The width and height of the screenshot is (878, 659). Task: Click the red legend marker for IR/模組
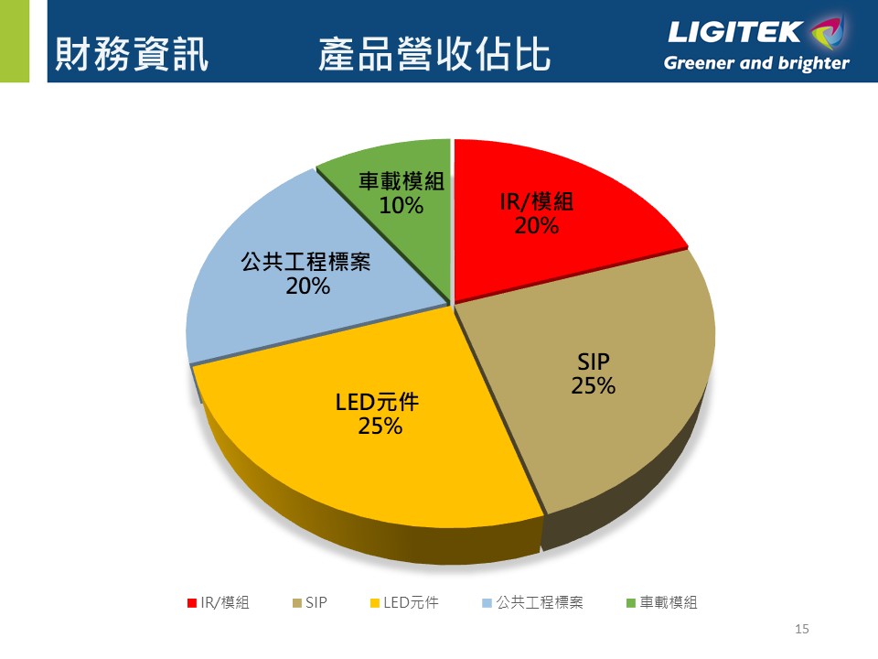192,602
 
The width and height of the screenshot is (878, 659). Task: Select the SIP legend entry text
316,602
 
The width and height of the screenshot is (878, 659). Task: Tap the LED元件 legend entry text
411,602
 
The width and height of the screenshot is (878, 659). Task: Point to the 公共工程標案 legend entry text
540,602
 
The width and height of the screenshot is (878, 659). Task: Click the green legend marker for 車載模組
631,602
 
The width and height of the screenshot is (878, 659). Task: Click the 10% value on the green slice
402,206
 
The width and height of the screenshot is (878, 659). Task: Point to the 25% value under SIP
594,386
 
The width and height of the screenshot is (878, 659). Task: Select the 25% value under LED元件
380,426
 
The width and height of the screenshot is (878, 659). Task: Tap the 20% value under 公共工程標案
307,286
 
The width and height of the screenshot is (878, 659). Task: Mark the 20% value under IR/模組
537,225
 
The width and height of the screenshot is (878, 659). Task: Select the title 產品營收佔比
434,55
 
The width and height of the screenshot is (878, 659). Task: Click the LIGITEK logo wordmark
736,33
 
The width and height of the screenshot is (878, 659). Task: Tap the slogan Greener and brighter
756,64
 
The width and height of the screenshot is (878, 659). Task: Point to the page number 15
803,629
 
